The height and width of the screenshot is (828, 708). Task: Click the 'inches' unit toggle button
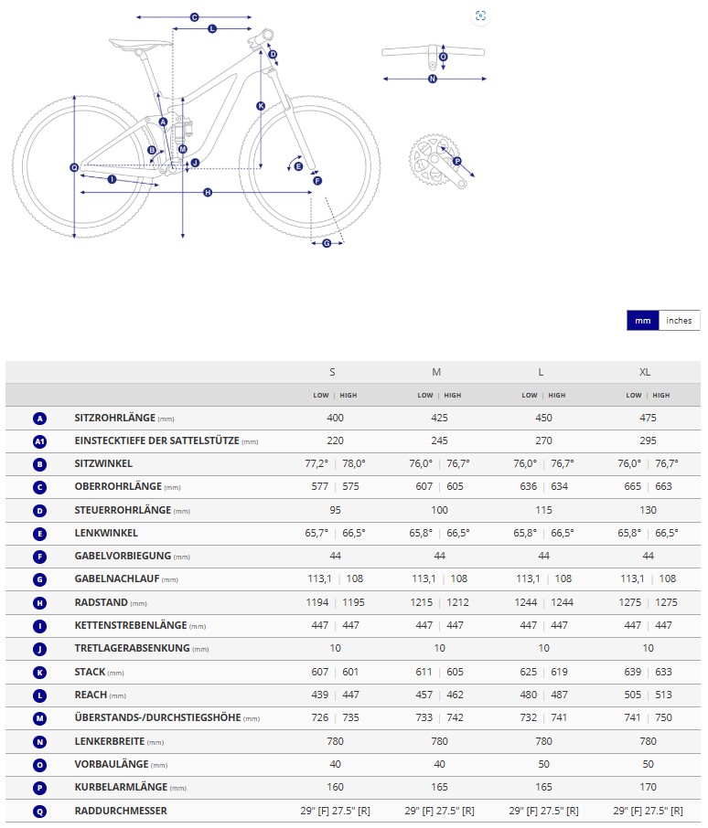click(679, 321)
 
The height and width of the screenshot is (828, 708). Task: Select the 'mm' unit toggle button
click(642, 321)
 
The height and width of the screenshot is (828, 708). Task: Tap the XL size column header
click(645, 372)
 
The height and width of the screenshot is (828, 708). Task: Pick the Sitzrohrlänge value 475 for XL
click(645, 418)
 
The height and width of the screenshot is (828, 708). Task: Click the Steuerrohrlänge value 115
click(541, 510)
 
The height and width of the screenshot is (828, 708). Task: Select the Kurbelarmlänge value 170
click(645, 787)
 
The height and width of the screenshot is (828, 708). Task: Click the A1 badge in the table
click(39, 441)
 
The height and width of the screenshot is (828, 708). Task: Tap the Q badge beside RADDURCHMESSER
click(39, 811)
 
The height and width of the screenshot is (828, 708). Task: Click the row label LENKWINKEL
click(106, 533)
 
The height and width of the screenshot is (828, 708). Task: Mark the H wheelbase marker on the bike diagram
click(208, 193)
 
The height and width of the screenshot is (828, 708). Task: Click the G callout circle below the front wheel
click(327, 243)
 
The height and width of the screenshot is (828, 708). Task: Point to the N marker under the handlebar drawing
click(433, 80)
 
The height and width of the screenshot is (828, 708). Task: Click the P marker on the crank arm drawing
click(457, 162)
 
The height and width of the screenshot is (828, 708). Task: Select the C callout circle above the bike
click(194, 17)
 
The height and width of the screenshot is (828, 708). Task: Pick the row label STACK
click(90, 672)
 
